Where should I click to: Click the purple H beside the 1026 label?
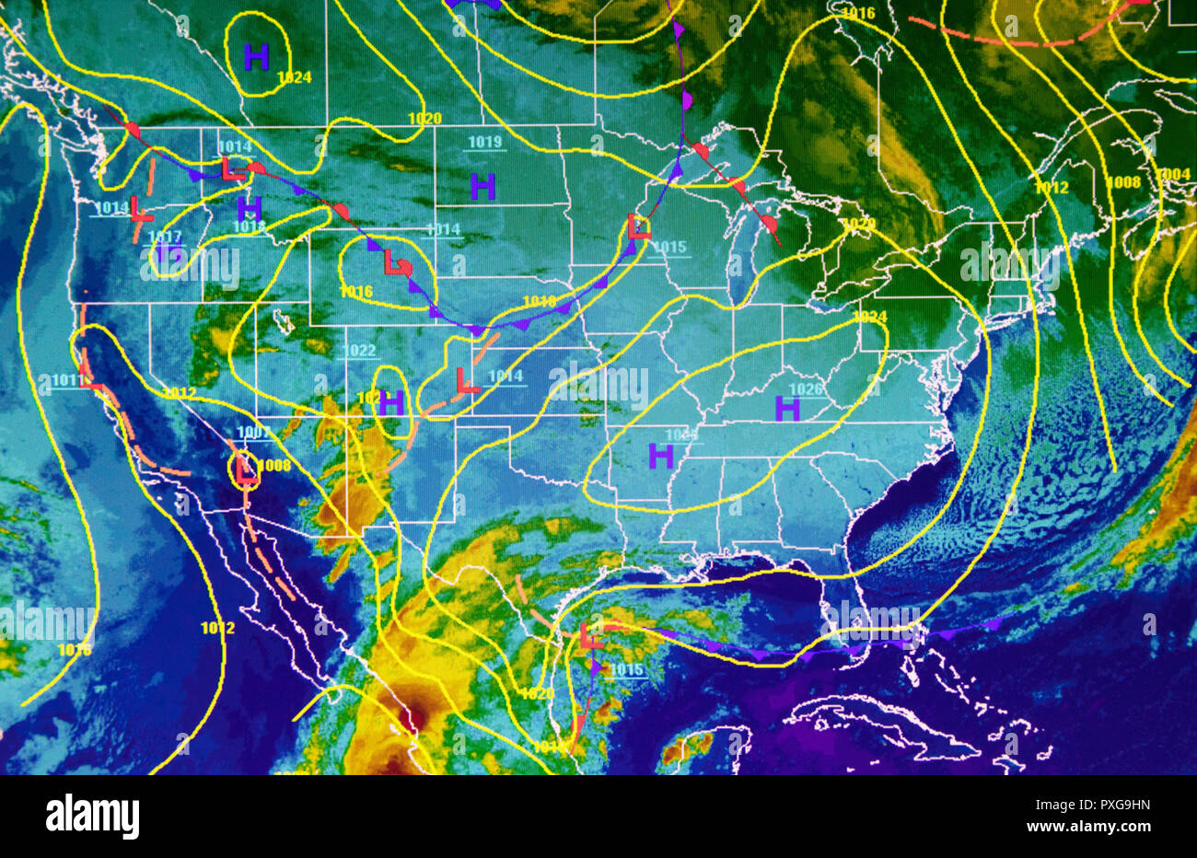pos(787,408)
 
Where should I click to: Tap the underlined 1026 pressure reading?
pos(807,389)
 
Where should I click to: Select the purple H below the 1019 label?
pos(482,187)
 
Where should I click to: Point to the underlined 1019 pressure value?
pos(484,142)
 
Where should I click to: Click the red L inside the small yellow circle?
pos(245,469)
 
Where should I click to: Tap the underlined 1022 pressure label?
pos(360,351)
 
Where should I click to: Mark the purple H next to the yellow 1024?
pos(256,57)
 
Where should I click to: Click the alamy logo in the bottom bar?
pos(92,816)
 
